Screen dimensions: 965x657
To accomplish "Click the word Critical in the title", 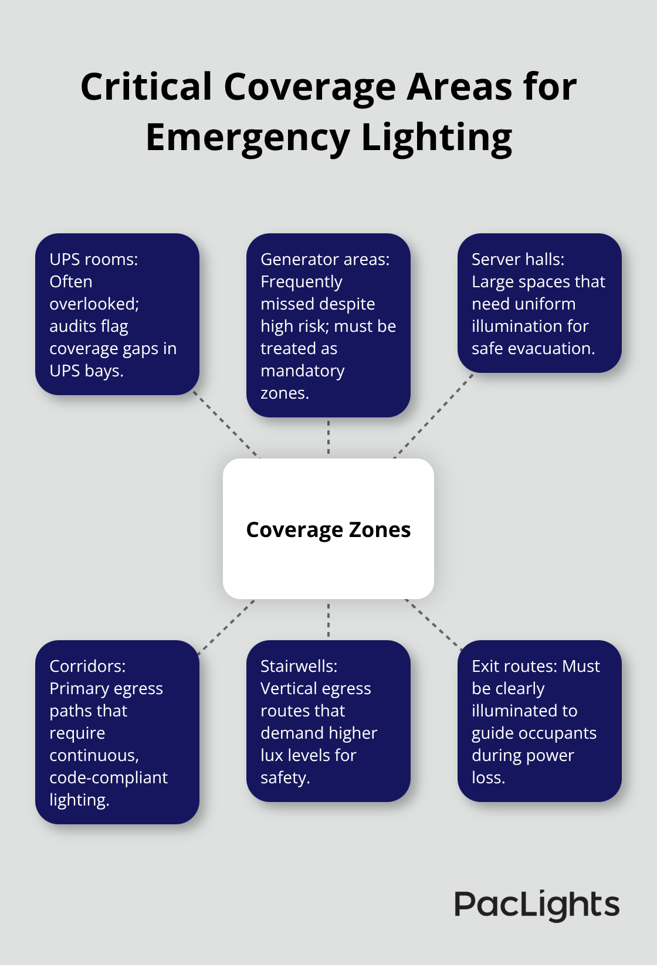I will pyautogui.click(x=146, y=87).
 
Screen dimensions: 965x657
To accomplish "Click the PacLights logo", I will pyautogui.click(x=537, y=905).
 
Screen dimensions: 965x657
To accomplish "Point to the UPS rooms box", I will pyautogui.click(x=117, y=314).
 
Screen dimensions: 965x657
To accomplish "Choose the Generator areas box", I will pyautogui.click(x=328, y=325).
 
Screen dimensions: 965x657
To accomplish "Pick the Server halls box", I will pyautogui.click(x=539, y=303).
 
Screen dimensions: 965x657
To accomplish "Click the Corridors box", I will pyautogui.click(x=117, y=732).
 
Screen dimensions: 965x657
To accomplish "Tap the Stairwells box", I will pyautogui.click(x=328, y=721).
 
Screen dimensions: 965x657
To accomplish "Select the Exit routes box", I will pyautogui.click(x=539, y=721).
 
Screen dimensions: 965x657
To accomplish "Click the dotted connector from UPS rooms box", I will pyautogui.click(x=226, y=424).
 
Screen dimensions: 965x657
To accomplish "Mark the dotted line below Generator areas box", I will pyautogui.click(x=328, y=437).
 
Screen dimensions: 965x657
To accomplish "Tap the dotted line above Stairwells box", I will pyautogui.click(x=328, y=620).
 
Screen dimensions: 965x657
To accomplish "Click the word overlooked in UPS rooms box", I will pyautogui.click(x=93, y=304).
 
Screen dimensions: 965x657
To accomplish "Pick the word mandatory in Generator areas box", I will pyautogui.click(x=302, y=371).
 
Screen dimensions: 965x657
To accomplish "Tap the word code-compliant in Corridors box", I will pyautogui.click(x=109, y=777).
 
